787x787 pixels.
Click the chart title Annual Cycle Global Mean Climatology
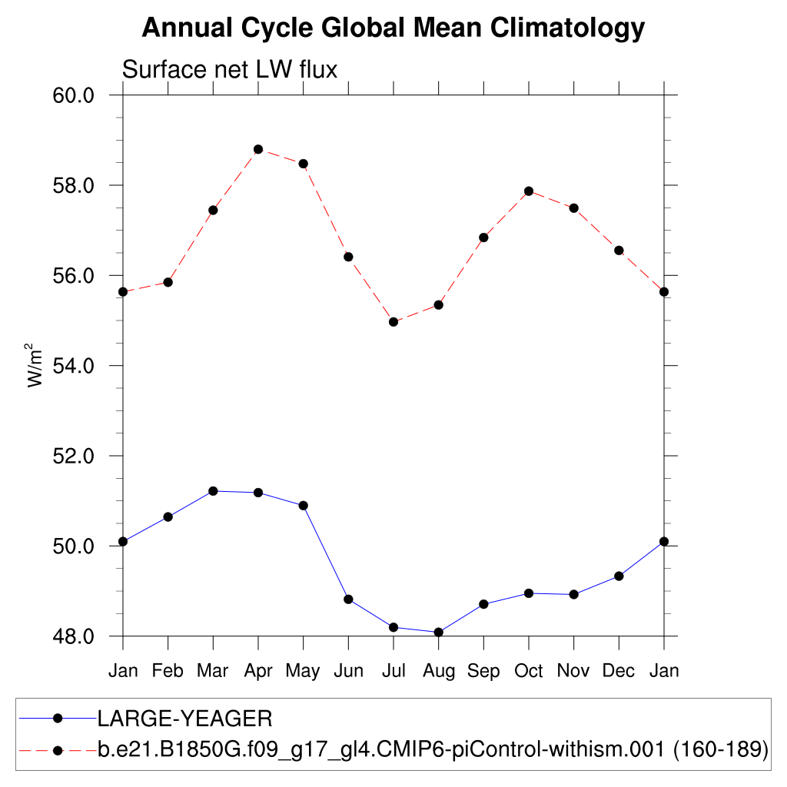[x=393, y=28]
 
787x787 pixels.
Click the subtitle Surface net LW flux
[x=230, y=70]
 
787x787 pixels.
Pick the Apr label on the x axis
[x=258, y=671]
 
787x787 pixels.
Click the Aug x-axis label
[x=438, y=671]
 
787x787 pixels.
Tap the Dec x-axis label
[x=619, y=671]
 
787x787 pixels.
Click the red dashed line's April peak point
[x=258, y=149]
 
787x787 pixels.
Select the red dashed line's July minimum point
[x=393, y=322]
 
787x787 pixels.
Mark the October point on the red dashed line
[x=529, y=191]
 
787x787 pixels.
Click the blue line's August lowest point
[x=438, y=633]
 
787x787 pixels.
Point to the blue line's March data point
[x=213, y=491]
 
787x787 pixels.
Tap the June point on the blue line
[x=348, y=599]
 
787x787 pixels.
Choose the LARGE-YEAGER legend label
[x=184, y=719]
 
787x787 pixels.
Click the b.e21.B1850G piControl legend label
[x=433, y=749]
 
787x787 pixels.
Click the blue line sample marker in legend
[x=58, y=719]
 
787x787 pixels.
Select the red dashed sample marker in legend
[x=58, y=749]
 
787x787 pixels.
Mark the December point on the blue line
[x=619, y=576]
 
